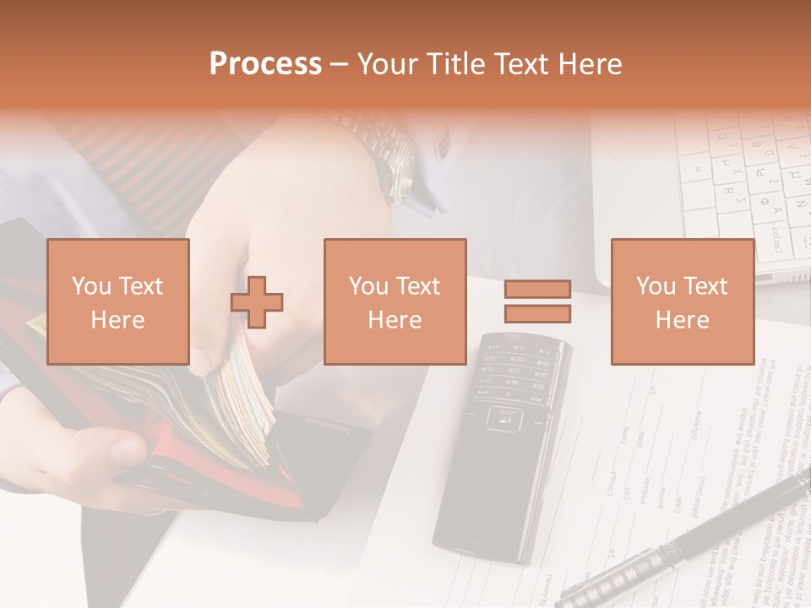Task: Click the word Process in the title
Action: click(265, 64)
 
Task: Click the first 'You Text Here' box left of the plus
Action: click(118, 301)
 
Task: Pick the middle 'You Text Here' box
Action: click(395, 301)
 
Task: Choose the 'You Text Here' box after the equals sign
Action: click(683, 301)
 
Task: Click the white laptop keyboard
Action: click(743, 186)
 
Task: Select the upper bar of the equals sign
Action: click(537, 290)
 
